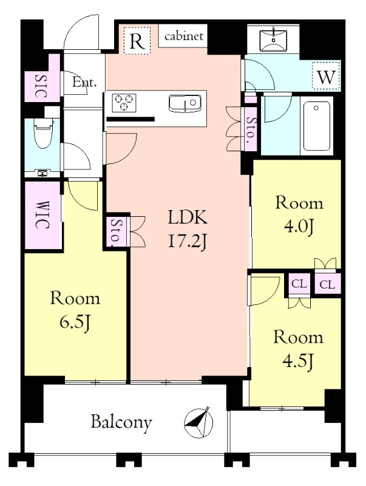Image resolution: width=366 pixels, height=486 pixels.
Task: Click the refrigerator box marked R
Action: pyautogui.click(x=137, y=41)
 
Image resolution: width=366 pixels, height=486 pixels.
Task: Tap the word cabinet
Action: pyautogui.click(x=184, y=36)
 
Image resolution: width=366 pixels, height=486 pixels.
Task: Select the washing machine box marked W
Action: pyautogui.click(x=326, y=75)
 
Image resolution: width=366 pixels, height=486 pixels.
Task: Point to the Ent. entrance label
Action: pyautogui.click(x=84, y=83)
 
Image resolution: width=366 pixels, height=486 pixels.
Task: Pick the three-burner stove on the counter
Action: pyautogui.click(x=125, y=102)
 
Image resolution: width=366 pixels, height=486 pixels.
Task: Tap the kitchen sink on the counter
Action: pyautogui.click(x=185, y=103)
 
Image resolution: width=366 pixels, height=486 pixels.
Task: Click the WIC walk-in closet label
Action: pyautogui.click(x=42, y=215)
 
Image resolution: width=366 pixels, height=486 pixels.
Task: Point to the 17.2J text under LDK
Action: pyautogui.click(x=188, y=241)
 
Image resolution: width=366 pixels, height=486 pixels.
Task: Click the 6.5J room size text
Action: pyautogui.click(x=75, y=323)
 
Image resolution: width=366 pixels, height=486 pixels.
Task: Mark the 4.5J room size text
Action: pyautogui.click(x=299, y=361)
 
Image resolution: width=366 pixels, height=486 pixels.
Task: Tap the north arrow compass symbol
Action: pyautogui.click(x=199, y=422)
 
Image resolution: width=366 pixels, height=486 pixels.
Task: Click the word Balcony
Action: pyautogui.click(x=121, y=422)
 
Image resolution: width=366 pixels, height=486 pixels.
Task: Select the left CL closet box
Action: pyautogui.click(x=299, y=284)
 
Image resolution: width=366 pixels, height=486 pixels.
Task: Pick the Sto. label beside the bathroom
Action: pyautogui.click(x=251, y=128)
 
